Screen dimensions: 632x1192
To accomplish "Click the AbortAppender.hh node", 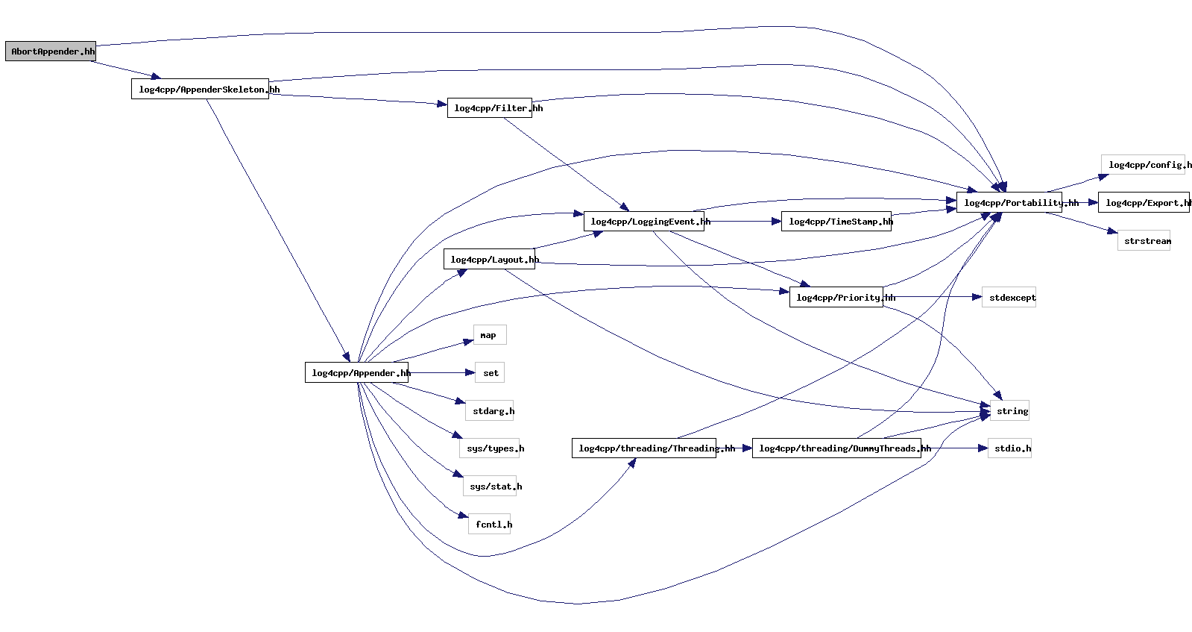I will click(x=51, y=51).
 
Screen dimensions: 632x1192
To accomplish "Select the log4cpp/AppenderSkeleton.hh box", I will click(x=200, y=90).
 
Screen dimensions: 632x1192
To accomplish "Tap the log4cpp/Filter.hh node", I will click(x=489, y=108).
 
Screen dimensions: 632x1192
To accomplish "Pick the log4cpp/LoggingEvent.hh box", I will click(x=643, y=222).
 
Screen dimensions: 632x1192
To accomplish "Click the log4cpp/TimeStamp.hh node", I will click(x=836, y=222).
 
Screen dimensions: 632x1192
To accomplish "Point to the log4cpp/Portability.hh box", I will click(x=1009, y=203).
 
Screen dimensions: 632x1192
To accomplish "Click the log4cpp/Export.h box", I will click(x=1144, y=203).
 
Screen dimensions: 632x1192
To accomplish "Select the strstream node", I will click(x=1144, y=241).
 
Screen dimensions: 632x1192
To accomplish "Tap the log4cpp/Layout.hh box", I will click(x=489, y=260).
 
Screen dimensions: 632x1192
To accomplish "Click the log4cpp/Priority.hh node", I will click(x=836, y=298).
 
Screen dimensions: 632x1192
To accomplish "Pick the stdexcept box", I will click(x=1009, y=298).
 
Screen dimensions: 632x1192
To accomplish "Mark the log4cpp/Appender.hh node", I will click(x=356, y=373).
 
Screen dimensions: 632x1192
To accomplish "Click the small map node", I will click(x=489, y=335).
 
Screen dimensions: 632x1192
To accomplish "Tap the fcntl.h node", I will click(x=489, y=525).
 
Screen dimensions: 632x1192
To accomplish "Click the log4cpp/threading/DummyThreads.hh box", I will click(x=836, y=448).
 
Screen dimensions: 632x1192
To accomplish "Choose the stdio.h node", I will click(x=1009, y=448).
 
